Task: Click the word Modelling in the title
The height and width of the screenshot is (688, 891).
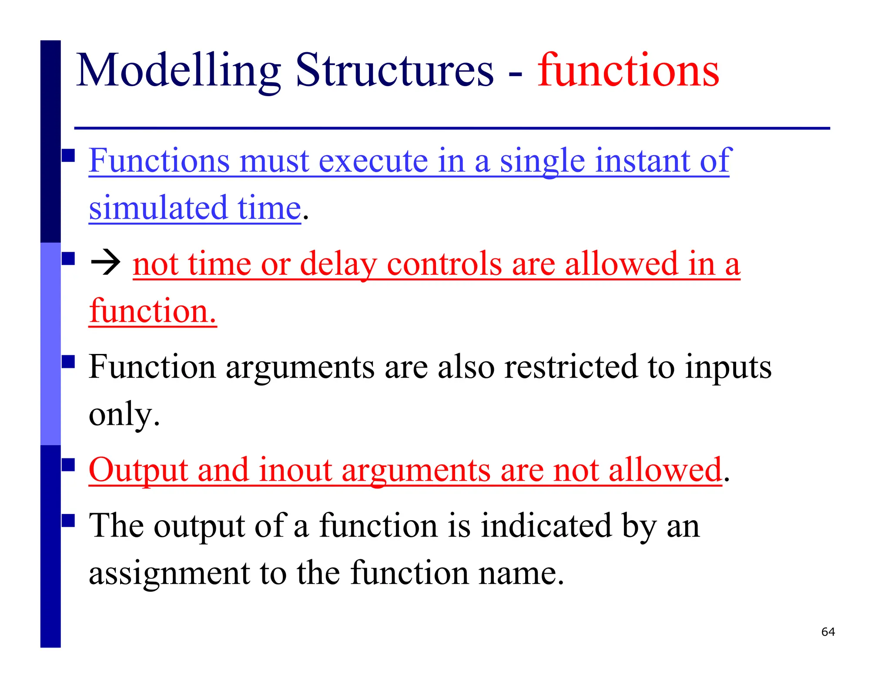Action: click(x=178, y=71)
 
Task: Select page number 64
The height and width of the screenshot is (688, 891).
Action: click(x=828, y=632)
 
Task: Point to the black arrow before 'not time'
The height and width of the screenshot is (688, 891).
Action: click(x=105, y=264)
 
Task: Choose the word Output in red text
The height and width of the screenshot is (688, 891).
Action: click(x=138, y=470)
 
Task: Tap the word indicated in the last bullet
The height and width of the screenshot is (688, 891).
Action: click(x=546, y=526)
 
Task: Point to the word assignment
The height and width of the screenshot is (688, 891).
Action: click(x=169, y=573)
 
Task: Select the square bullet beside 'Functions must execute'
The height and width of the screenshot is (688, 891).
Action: click(x=68, y=155)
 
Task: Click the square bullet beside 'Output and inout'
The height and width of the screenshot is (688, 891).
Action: click(x=68, y=465)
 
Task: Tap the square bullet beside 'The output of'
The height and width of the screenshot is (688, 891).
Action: click(x=68, y=520)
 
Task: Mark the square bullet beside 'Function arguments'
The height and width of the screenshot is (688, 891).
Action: click(x=68, y=361)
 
